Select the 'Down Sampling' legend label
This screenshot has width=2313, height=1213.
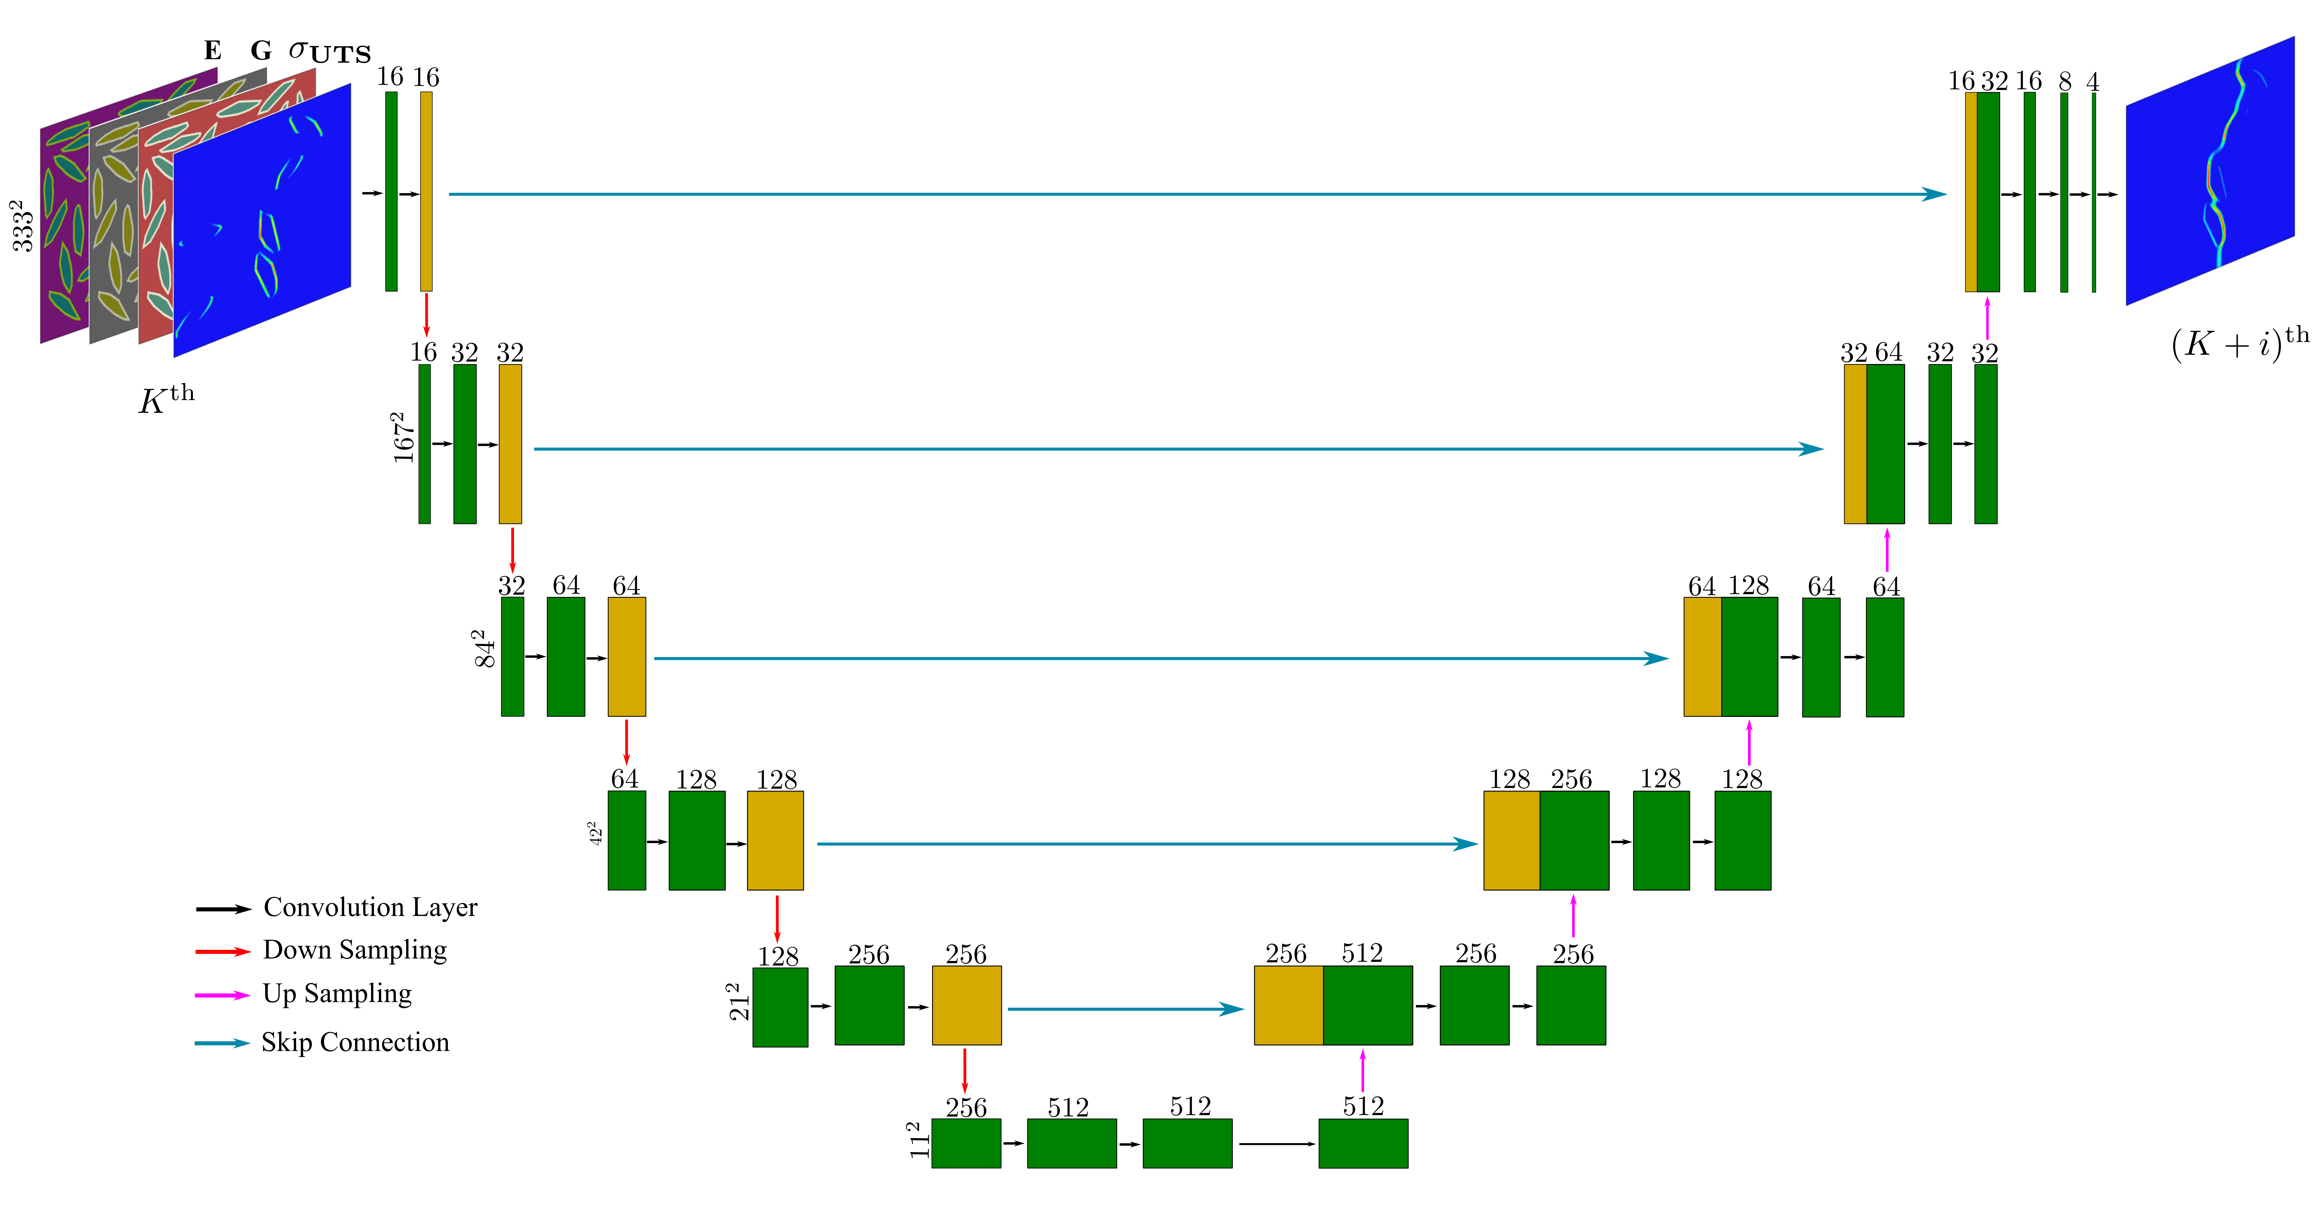pyautogui.click(x=355, y=950)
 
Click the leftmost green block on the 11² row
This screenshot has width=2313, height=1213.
pyautogui.click(x=966, y=1143)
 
